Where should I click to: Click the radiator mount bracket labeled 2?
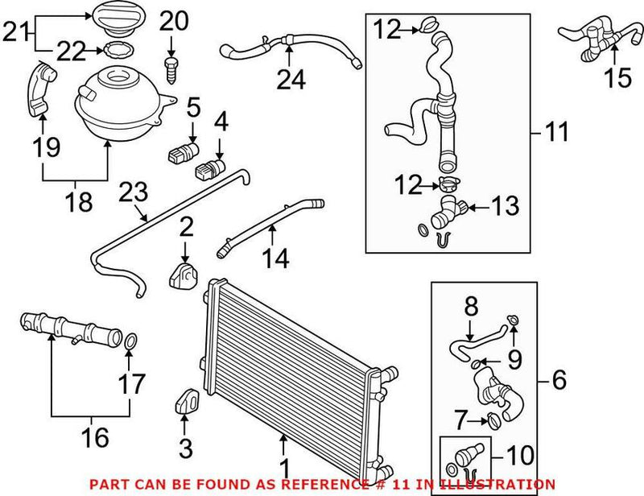[184, 276]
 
